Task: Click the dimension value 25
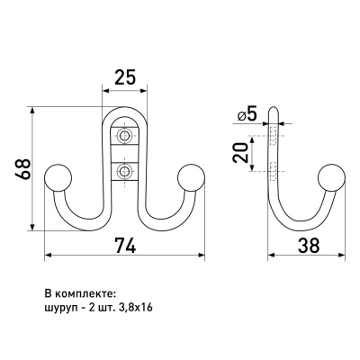coord(126,77)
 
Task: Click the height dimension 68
coord(22,169)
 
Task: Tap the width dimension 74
coord(125,245)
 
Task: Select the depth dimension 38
coord(308,245)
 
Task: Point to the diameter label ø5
coord(247,114)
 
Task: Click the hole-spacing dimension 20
coord(241,153)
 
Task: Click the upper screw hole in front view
coord(123,136)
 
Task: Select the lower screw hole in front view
coord(123,172)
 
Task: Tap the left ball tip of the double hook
coord(58,177)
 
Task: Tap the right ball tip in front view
coord(191,177)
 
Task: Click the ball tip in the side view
coord(331,177)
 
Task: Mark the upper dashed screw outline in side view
coord(273,136)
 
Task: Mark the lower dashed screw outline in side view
coord(273,171)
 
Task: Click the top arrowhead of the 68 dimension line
coord(32,110)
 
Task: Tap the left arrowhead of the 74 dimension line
coord(48,255)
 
